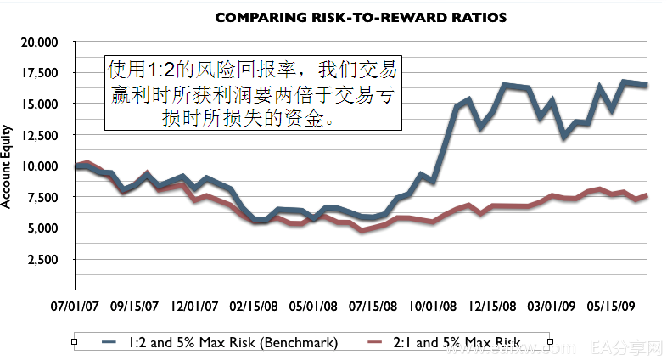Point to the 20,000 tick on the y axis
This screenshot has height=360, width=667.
[x=39, y=42]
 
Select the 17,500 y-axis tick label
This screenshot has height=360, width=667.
[x=39, y=73]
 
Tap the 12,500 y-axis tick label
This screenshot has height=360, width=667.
[x=39, y=135]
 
